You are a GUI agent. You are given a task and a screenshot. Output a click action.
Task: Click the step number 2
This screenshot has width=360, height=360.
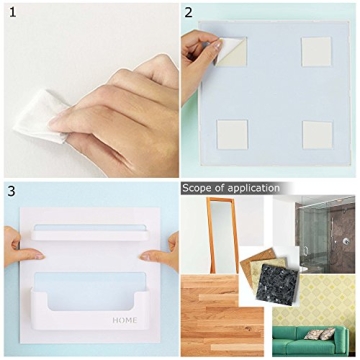[187, 13]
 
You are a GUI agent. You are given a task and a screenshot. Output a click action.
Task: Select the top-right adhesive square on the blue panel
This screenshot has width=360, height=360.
[317, 52]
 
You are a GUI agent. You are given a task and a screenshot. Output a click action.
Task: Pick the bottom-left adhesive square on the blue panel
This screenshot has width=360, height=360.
[232, 133]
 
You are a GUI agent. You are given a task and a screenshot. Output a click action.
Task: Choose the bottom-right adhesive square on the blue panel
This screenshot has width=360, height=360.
[317, 133]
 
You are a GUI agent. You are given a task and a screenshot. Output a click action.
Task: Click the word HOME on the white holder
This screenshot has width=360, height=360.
[126, 321]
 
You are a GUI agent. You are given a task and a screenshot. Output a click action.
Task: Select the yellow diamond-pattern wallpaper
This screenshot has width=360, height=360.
[330, 285]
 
